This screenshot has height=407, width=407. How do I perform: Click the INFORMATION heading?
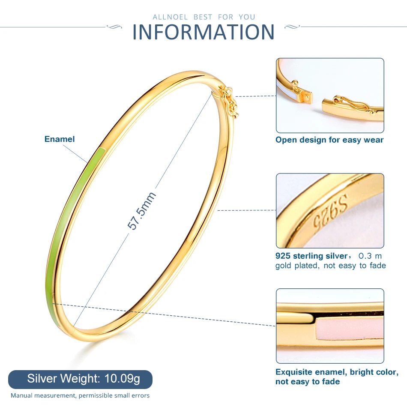click(203, 32)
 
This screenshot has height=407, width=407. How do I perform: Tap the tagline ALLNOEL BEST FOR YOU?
click(203, 17)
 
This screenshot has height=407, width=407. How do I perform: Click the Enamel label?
click(60, 139)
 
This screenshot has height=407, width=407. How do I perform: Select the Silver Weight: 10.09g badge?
click(80, 379)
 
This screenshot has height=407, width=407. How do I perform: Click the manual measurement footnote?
click(80, 395)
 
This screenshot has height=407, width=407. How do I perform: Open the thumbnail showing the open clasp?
click(330, 95)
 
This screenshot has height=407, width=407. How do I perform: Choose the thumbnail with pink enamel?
click(330, 326)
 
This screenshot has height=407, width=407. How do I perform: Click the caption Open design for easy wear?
click(329, 140)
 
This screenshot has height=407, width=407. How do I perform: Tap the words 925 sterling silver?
click(311, 256)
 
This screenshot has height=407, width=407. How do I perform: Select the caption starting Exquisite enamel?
click(337, 377)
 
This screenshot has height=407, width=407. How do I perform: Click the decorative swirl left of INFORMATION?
click(114, 27)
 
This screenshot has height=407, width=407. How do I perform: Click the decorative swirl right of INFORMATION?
click(293, 27)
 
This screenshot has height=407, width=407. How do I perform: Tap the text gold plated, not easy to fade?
click(330, 266)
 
